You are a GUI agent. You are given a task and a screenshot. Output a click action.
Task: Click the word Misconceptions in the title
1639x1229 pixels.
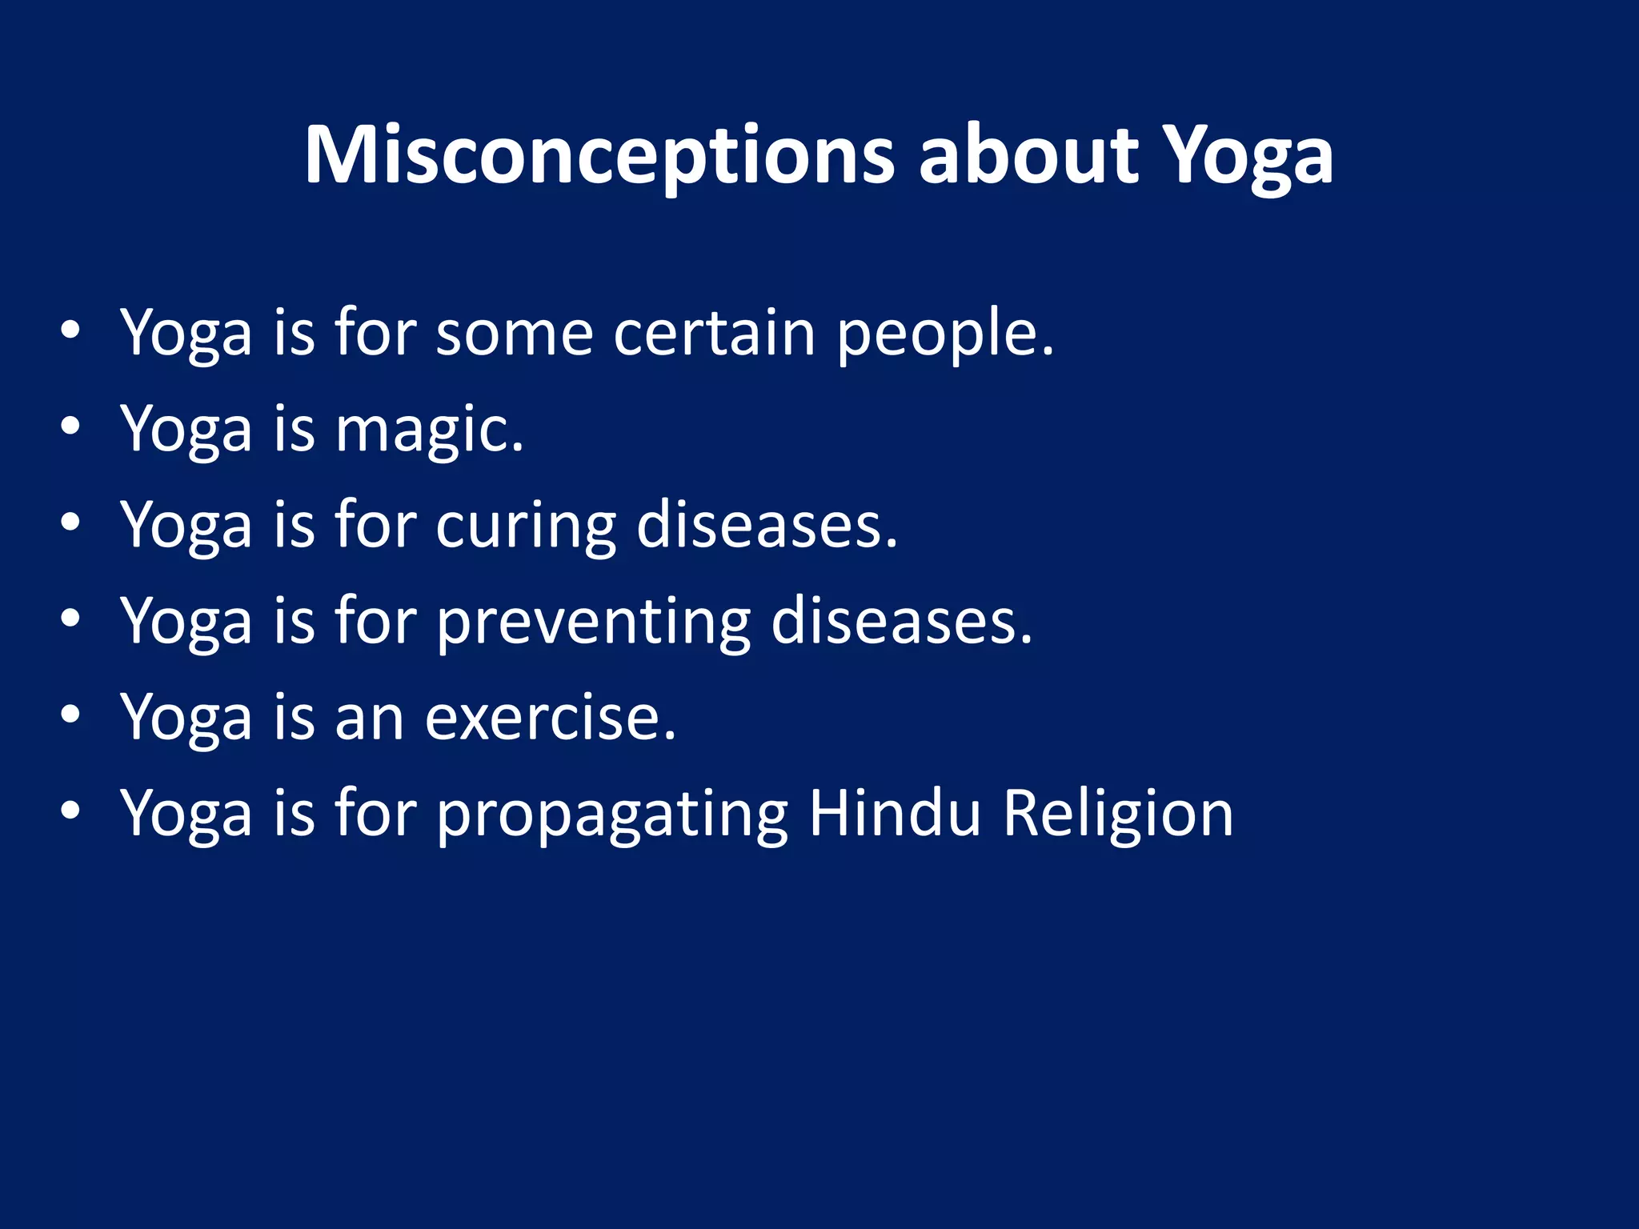pos(599,156)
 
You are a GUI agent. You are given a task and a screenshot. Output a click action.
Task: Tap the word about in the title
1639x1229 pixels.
pos(1028,156)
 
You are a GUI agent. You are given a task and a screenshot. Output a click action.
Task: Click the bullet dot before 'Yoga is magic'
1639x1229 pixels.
pos(70,427)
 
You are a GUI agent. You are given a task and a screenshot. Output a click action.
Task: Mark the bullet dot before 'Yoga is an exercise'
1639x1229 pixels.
pos(70,715)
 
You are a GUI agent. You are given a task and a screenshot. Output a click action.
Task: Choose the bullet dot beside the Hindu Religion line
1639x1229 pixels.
pos(70,811)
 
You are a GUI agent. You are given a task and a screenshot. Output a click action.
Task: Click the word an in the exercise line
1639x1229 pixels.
pos(369,719)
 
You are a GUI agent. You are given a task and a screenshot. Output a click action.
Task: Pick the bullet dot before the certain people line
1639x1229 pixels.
pos(70,331)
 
